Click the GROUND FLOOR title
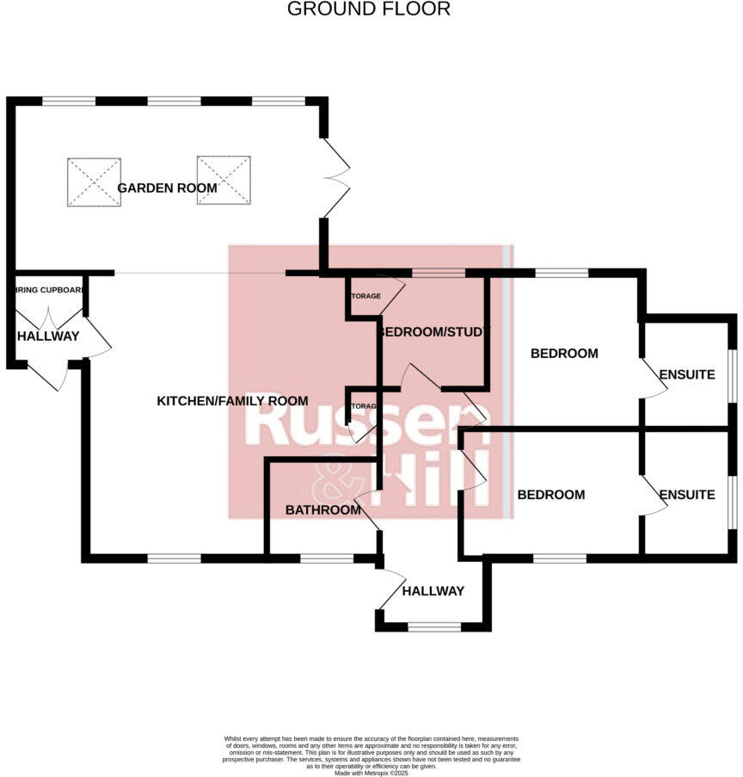pyautogui.click(x=368, y=9)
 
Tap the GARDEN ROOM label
pyautogui.click(x=167, y=188)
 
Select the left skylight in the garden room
pyautogui.click(x=93, y=181)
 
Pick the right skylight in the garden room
pyautogui.click(x=223, y=180)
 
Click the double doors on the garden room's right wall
pyautogui.click(x=336, y=178)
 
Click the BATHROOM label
pyautogui.click(x=323, y=510)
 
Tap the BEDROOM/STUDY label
pyautogui.click(x=434, y=331)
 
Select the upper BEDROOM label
pyautogui.click(x=564, y=354)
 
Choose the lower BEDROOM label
pyautogui.click(x=551, y=495)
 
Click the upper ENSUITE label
pyautogui.click(x=687, y=375)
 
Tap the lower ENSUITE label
pyautogui.click(x=687, y=495)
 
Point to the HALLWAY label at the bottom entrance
pyautogui.click(x=433, y=591)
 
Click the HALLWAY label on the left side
pyautogui.click(x=48, y=336)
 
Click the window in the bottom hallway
pyautogui.click(x=434, y=626)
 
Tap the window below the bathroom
pyautogui.click(x=326, y=558)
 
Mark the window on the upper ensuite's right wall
pyautogui.click(x=733, y=373)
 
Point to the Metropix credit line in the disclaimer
pyautogui.click(x=371, y=774)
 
